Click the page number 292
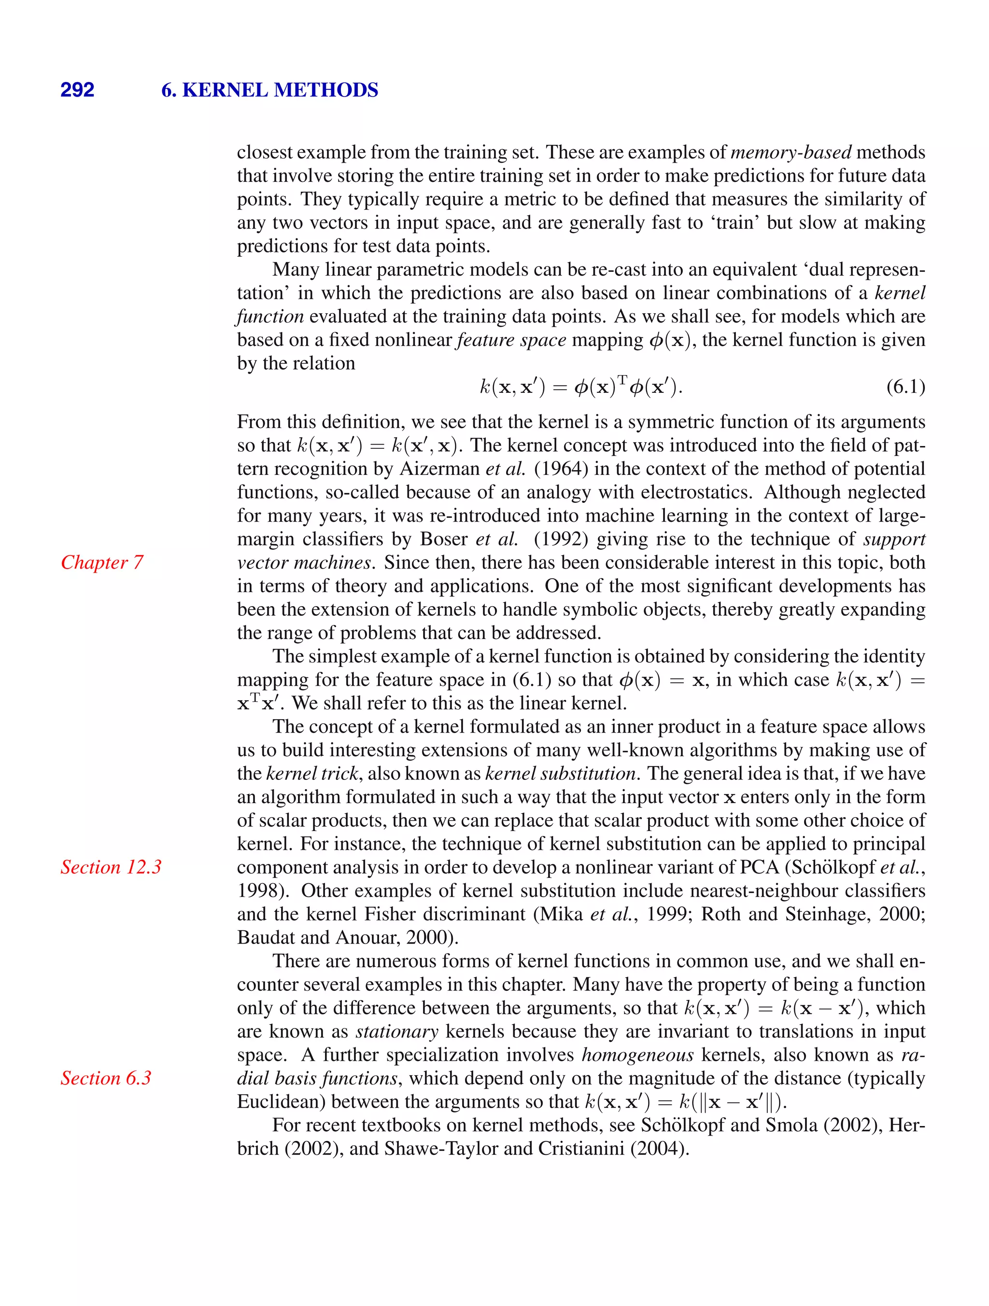click(x=77, y=90)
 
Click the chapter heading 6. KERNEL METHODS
click(x=269, y=90)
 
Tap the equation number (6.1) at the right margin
click(x=905, y=388)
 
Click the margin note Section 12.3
click(x=111, y=867)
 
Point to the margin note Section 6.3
click(x=106, y=1078)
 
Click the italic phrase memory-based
click(x=791, y=153)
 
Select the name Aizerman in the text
click(x=439, y=469)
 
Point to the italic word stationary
click(x=396, y=1031)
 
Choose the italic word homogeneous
click(x=637, y=1055)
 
